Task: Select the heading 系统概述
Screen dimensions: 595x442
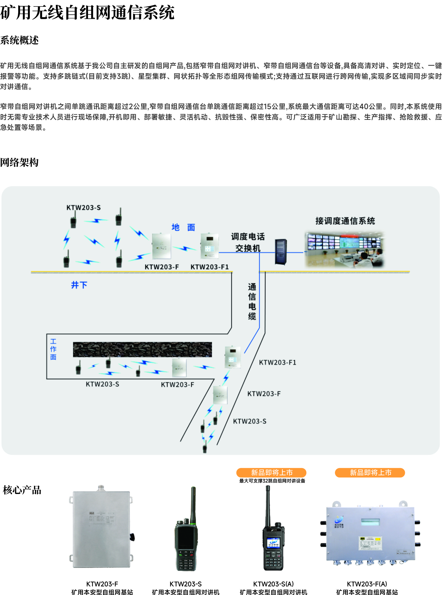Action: pyautogui.click(x=19, y=40)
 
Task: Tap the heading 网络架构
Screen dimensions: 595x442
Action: pyautogui.click(x=19, y=162)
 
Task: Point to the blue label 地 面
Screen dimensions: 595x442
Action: pyautogui.click(x=183, y=227)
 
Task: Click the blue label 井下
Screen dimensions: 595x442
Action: pyautogui.click(x=79, y=285)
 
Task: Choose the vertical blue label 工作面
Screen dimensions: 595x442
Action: pyautogui.click(x=53, y=349)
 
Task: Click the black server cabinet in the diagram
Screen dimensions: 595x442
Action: pyautogui.click(x=281, y=252)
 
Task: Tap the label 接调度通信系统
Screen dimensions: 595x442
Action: pyautogui.click(x=345, y=221)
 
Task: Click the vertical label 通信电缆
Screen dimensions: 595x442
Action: pyautogui.click(x=252, y=301)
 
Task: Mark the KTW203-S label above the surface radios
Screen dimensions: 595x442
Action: pyautogui.click(x=84, y=207)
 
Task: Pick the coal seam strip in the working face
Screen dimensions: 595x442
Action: pyautogui.click(x=142, y=349)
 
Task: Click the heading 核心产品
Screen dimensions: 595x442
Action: pyautogui.click(x=22, y=490)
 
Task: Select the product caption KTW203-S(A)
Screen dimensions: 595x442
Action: pyautogui.click(x=273, y=584)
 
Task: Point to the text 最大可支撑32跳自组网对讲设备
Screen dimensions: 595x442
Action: pyautogui.click(x=272, y=481)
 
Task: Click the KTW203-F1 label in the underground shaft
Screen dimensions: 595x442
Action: pyautogui.click(x=277, y=362)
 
